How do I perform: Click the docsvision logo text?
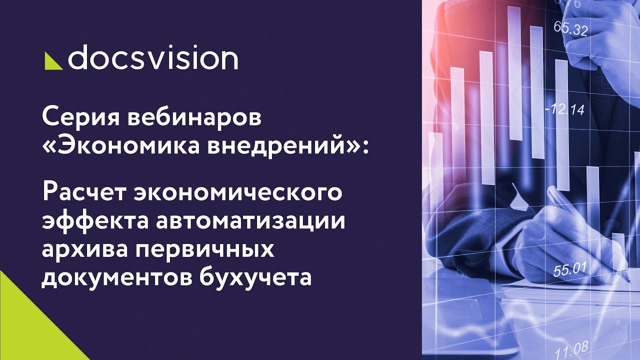pyautogui.click(x=152, y=59)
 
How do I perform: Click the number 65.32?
pyautogui.click(x=570, y=29)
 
